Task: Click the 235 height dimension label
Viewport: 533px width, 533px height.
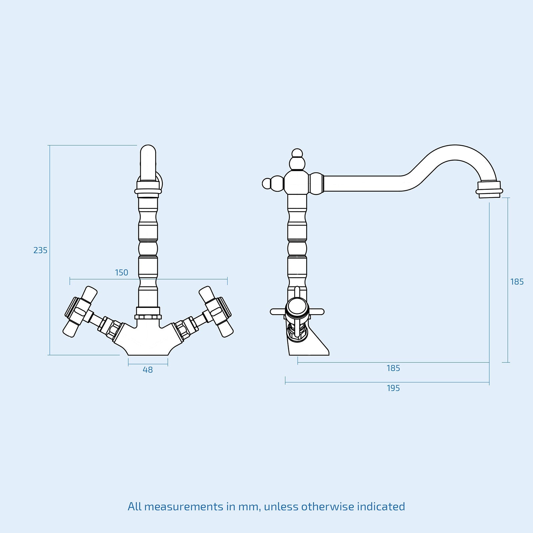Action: click(x=40, y=250)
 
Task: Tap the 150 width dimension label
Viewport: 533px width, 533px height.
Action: click(x=122, y=272)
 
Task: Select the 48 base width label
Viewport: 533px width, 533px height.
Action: click(x=148, y=370)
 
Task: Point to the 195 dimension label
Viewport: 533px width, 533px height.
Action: click(x=393, y=388)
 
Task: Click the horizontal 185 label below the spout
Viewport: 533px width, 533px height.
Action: click(x=393, y=368)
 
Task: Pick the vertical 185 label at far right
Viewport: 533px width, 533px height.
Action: click(x=517, y=282)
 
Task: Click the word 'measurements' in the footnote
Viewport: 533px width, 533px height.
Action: click(x=184, y=507)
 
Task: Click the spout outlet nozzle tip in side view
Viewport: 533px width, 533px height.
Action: click(x=489, y=190)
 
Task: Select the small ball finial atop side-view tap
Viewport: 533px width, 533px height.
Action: click(x=297, y=153)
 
